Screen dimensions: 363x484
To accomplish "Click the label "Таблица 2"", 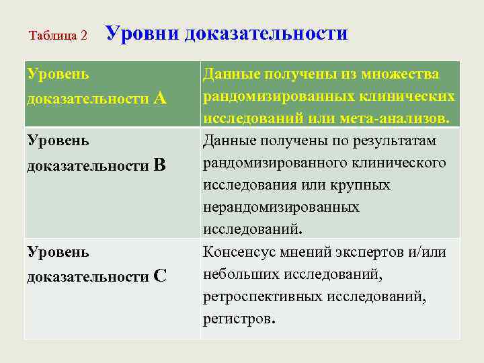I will tap(58, 36).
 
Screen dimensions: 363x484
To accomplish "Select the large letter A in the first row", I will tap(160, 98).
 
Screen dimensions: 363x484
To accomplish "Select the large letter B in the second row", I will tap(160, 165).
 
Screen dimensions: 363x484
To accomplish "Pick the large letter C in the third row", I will tap(160, 276).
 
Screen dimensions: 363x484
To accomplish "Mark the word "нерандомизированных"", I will tap(281, 207).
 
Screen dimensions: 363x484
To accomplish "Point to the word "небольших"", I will tap(240, 274).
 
